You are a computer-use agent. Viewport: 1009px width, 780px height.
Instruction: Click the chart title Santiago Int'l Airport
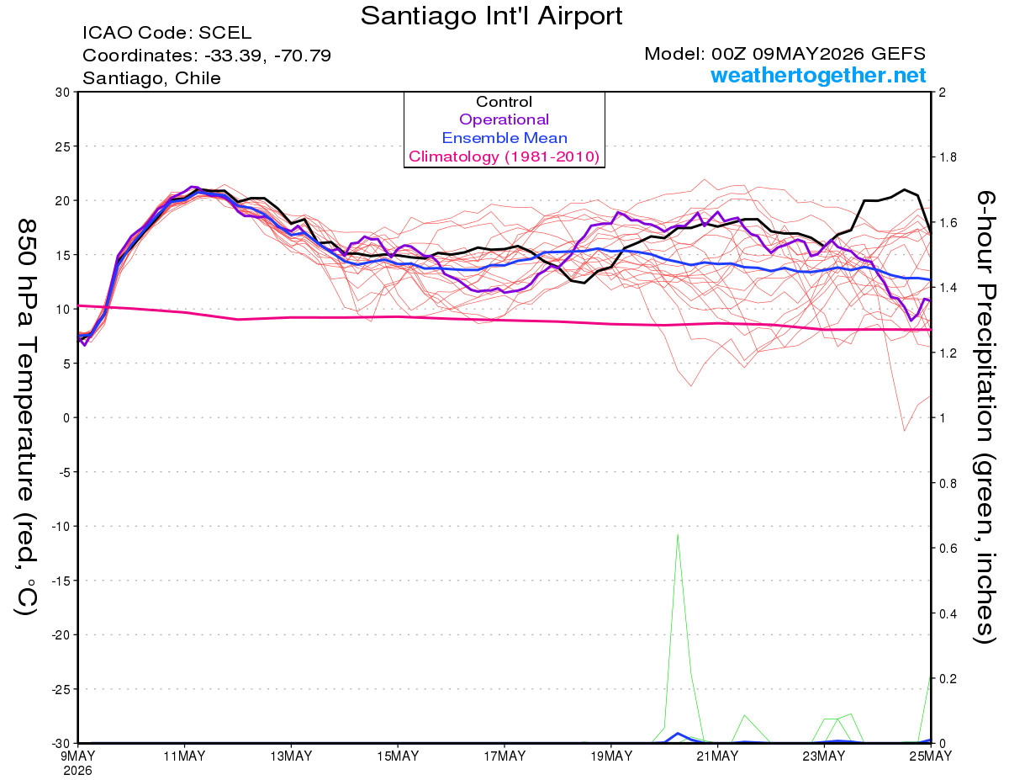point(491,16)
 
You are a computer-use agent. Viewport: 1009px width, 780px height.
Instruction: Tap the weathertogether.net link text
point(817,75)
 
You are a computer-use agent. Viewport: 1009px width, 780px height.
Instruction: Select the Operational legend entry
point(504,119)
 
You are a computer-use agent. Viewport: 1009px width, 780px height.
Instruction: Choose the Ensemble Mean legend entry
point(504,138)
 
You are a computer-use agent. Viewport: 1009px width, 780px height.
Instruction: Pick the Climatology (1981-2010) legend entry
point(504,157)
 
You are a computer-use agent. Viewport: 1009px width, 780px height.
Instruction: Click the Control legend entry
point(504,101)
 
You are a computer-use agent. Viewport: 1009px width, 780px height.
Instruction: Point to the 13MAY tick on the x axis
point(291,756)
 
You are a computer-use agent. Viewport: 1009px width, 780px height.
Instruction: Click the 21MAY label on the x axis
point(717,756)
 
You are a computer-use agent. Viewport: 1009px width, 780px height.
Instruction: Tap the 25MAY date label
point(930,756)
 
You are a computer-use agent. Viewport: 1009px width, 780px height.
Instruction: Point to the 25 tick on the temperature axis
point(63,146)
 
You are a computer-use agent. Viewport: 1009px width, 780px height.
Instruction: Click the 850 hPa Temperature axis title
point(27,417)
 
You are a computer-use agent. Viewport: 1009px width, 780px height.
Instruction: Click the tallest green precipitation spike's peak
point(678,534)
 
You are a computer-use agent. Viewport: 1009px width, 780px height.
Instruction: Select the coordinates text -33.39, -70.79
point(267,56)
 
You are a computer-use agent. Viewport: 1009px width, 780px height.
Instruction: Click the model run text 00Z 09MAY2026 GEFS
point(818,54)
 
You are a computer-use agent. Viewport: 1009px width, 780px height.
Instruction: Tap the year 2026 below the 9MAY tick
point(77,772)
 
